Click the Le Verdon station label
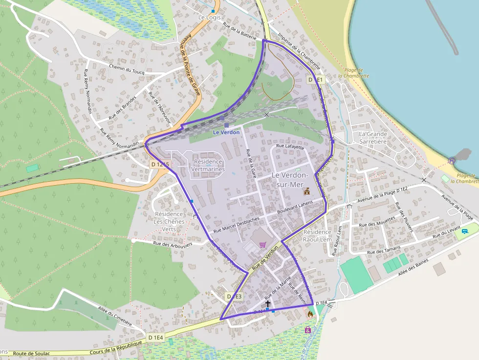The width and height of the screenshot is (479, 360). coord(226,132)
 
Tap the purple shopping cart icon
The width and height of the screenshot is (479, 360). coord(263,244)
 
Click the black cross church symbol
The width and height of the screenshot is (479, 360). coord(267,303)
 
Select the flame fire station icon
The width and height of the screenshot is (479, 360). coord(310,314)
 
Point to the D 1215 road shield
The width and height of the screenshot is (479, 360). coord(160,165)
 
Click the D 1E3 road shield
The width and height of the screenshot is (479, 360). coord(234,296)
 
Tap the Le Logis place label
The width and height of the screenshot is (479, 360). coord(209,18)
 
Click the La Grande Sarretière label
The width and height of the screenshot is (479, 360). coord(373,138)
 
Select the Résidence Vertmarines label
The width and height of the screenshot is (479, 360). coord(208,166)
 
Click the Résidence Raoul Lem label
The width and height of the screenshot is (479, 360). coord(317,235)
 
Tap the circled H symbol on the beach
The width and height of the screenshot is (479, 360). coord(452,161)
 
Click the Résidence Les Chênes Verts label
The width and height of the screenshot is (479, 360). coord(169,221)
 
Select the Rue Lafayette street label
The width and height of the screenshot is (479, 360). coord(290,146)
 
